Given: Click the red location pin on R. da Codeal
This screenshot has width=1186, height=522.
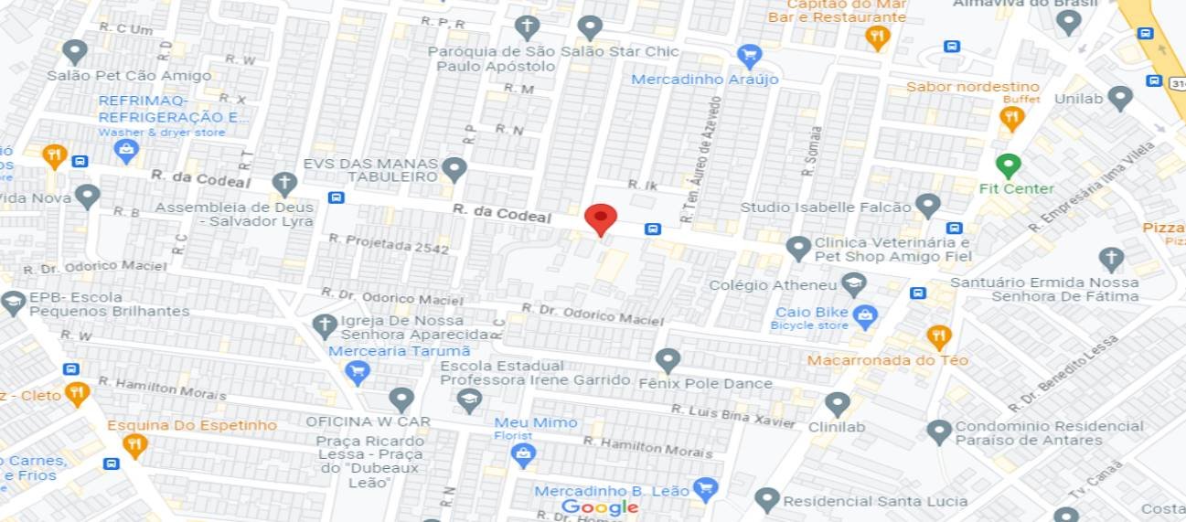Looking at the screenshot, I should coord(601,219).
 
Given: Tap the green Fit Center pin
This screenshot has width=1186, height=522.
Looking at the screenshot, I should coord(1008,165).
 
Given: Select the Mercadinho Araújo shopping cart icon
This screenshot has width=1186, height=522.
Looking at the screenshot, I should coord(749,56).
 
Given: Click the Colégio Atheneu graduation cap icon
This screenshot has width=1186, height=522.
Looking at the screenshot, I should coord(853,284).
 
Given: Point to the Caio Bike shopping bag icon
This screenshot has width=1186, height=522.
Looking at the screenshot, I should coord(864,316).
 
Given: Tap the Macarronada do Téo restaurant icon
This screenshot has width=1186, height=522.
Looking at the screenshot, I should coord(939,337).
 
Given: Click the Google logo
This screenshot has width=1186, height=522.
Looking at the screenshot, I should coord(600,507).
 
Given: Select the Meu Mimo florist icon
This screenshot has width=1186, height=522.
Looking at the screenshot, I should coord(523,455).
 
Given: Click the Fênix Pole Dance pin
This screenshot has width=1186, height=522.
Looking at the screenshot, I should coord(668,360).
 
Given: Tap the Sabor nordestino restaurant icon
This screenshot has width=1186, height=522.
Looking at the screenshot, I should coord(1010,117).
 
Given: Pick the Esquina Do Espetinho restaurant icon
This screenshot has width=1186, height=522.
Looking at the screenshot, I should coord(135,446).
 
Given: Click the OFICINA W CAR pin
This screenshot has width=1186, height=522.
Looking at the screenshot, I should coord(401,399).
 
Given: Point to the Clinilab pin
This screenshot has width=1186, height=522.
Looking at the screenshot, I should coord(837,404).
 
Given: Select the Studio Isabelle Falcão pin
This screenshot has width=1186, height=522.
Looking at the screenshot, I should coord(928,206).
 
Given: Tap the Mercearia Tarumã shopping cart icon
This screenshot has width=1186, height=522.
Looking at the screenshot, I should coord(357,371).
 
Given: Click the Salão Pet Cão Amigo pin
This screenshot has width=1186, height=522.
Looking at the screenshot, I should coord(74,52).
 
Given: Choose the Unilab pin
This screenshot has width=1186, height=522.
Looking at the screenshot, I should coord(1119,98).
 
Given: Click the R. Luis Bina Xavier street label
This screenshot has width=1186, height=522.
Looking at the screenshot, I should coord(733,416).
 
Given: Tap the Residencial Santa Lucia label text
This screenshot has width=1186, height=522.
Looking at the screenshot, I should coord(875,501).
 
